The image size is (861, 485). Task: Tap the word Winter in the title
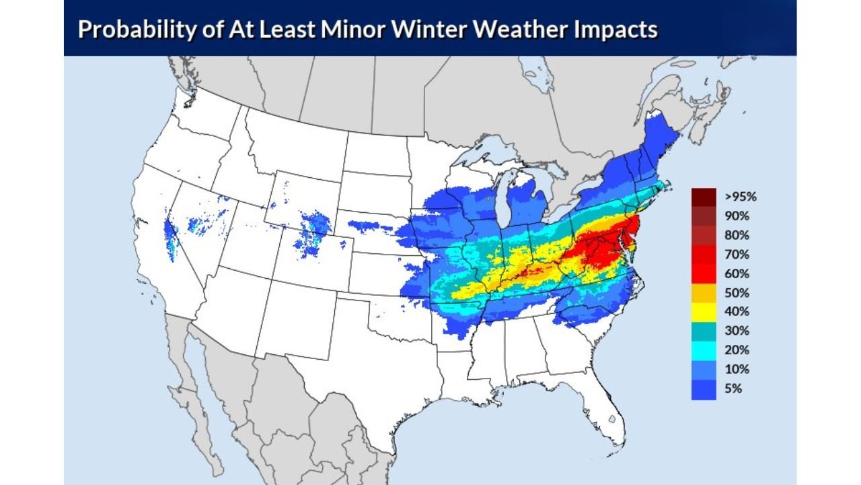[382, 30]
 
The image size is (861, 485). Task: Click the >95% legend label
[741, 197]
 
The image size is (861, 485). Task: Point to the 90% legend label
[737, 216]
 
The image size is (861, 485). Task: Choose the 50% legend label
[737, 293]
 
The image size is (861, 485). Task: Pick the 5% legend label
[734, 389]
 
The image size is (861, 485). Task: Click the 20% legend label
[737, 350]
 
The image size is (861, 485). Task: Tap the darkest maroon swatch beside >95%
[704, 197]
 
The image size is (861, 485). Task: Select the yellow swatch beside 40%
[704, 312]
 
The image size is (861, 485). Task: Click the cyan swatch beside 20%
[704, 350]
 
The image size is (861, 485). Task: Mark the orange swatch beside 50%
[704, 293]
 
